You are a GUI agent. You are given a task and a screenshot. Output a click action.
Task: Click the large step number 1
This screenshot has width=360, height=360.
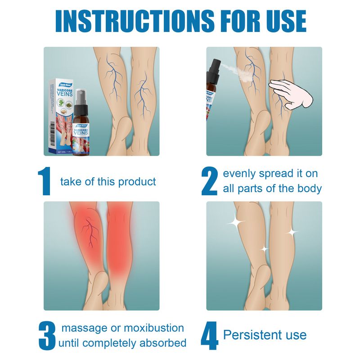tap(45, 181)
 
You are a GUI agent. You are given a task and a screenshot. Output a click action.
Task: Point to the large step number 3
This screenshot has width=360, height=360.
tap(47, 335)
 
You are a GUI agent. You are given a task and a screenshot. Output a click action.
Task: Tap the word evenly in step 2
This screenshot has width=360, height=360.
tap(239, 174)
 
